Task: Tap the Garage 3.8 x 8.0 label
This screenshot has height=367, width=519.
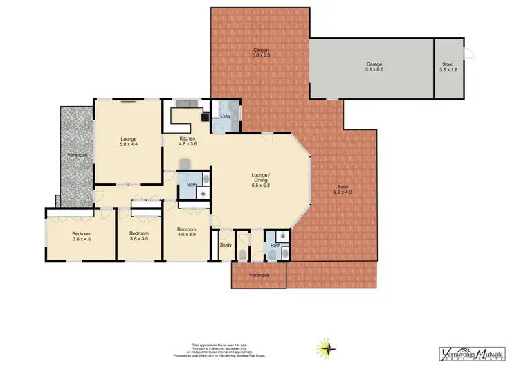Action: (x=374, y=67)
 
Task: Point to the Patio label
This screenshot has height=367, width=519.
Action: (x=343, y=190)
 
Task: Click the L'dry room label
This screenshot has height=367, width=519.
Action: (x=225, y=115)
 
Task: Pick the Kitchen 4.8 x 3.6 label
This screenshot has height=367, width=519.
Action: (x=188, y=141)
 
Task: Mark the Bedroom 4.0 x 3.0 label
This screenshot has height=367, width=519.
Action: (x=186, y=232)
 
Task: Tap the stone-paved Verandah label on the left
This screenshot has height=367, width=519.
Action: (x=76, y=155)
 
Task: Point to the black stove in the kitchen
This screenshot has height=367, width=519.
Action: (x=205, y=117)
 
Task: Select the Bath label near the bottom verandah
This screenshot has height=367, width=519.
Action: (x=275, y=245)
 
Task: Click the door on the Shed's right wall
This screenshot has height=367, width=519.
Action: (x=468, y=55)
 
